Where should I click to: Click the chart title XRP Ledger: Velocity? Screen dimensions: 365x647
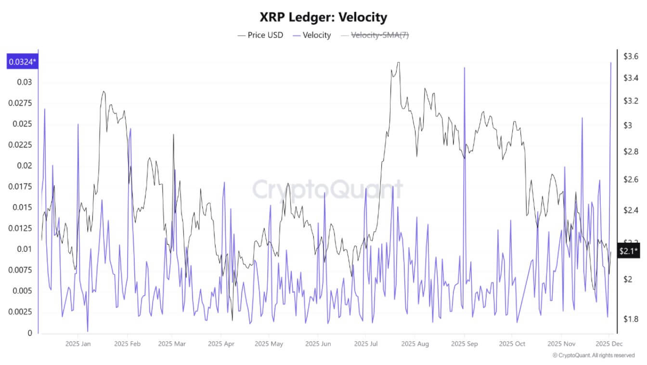click(323, 18)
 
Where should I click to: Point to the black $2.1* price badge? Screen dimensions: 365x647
click(629, 251)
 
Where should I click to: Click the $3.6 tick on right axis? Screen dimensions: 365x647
click(631, 57)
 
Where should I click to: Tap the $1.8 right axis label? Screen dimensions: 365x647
click(631, 319)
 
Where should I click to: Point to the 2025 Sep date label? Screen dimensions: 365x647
click(465, 344)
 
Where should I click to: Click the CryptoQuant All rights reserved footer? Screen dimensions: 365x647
click(593, 355)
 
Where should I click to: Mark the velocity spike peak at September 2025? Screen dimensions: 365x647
click(465, 68)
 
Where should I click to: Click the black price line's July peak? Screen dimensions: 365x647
click(397, 63)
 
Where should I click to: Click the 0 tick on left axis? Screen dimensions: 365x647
click(29, 333)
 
